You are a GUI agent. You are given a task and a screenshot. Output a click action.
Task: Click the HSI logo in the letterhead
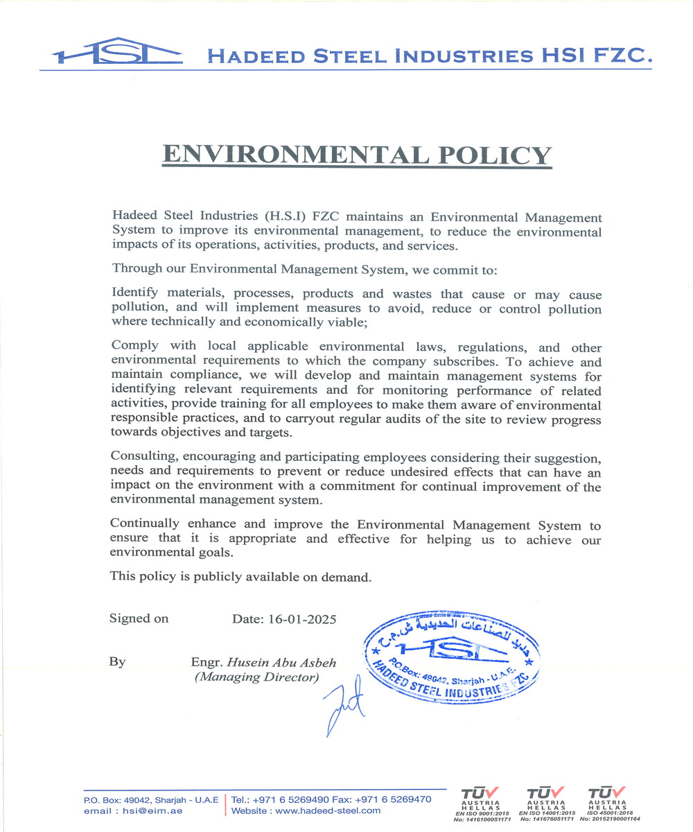click(x=116, y=52)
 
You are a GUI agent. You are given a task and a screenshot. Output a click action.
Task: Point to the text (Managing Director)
click(x=256, y=677)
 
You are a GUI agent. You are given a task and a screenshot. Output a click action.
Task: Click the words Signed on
click(x=139, y=618)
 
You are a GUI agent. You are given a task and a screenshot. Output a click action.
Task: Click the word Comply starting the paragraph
click(x=134, y=346)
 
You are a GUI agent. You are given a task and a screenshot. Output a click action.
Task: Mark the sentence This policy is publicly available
click(x=241, y=576)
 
